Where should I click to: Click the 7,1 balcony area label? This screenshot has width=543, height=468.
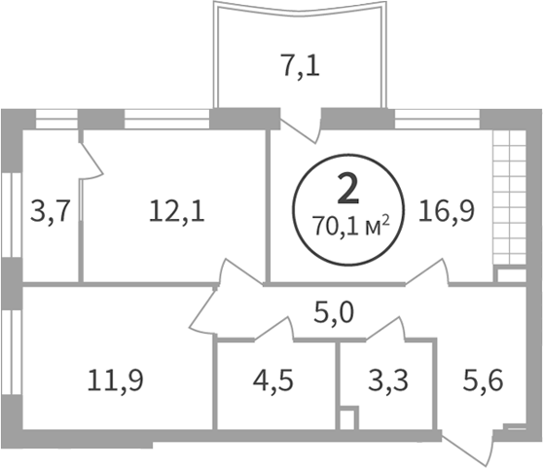coord(301,66)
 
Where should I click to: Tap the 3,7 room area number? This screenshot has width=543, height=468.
coord(51,211)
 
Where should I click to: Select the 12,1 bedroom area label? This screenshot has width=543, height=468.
coord(176,211)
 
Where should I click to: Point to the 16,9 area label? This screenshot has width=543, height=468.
coord(446,211)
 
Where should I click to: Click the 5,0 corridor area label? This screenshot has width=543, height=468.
coord(334,312)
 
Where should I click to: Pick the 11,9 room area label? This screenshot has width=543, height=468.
coord(115,380)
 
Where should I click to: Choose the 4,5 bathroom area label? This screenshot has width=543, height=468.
coord(272,380)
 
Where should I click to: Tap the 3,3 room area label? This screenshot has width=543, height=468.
coord(388,380)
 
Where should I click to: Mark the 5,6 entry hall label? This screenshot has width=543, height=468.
coord(483,380)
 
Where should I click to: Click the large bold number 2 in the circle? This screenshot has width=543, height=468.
coord(348,189)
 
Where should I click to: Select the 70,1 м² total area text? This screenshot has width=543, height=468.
coord(350,226)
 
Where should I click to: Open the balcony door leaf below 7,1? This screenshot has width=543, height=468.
coord(301,130)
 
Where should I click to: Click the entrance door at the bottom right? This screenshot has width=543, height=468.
coord(467,449)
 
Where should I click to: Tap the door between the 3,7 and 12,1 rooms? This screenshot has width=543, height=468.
coord(91,160)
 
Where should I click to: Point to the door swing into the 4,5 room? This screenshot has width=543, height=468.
coord(273,328)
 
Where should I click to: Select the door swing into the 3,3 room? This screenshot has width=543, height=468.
coord(385,328)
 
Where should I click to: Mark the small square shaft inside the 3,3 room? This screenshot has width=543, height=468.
coord(347,418)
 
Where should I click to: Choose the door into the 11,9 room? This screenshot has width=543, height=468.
coord(202,308)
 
